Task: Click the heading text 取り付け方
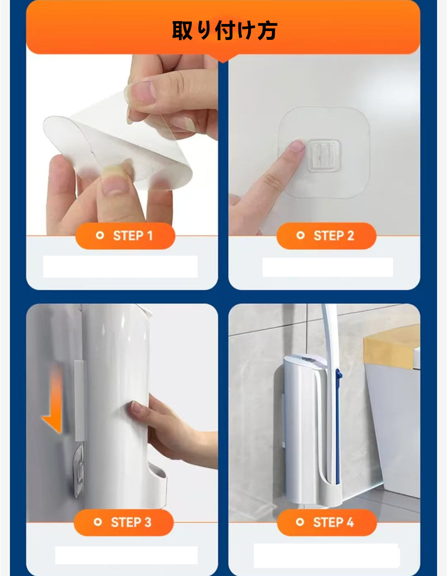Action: coord(224,31)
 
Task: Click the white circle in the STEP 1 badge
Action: coord(100,236)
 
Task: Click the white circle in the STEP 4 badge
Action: coord(300,522)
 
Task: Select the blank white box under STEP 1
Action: coord(120,267)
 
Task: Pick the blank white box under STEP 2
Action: coord(327,267)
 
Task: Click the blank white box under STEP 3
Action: coord(126,555)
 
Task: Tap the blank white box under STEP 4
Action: coord(326,555)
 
